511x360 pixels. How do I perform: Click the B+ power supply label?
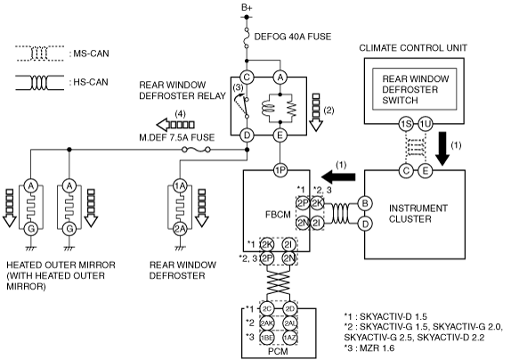(247, 7)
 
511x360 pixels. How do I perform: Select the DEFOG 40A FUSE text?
(292, 37)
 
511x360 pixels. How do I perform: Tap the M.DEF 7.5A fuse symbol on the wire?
(196, 150)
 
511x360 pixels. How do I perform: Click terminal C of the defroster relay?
(247, 78)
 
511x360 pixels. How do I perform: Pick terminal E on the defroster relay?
(280, 135)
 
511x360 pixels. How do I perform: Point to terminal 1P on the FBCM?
(280, 170)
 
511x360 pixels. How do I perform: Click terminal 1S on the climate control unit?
(406, 124)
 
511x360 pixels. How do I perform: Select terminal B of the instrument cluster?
(365, 203)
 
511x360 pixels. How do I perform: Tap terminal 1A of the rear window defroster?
(180, 186)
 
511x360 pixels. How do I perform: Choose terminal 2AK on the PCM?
(267, 323)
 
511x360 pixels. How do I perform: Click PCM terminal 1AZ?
(289, 338)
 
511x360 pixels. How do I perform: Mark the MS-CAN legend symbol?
(39, 53)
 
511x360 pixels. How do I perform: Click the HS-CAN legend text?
(89, 82)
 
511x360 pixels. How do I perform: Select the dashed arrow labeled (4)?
(175, 125)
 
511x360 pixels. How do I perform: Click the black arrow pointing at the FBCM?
(338, 176)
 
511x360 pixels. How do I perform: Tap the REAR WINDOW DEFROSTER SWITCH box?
(415, 89)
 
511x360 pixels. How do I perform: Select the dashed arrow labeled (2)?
(315, 112)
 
